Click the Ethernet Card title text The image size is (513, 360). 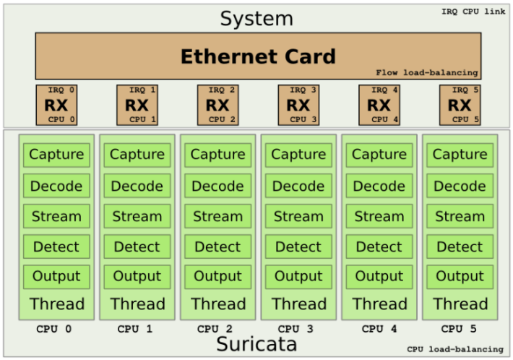pyautogui.click(x=257, y=56)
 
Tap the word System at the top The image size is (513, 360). pyautogui.click(x=257, y=19)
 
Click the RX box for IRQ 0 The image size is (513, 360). pyautogui.click(x=56, y=105)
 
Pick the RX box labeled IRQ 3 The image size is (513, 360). pyautogui.click(x=298, y=105)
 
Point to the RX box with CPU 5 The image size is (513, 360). pyautogui.click(x=460, y=105)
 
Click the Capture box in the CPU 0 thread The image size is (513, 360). pyautogui.click(x=56, y=155)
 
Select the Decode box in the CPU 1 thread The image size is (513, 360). pyautogui.click(x=137, y=186)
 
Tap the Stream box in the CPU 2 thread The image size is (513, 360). pyautogui.click(x=217, y=216)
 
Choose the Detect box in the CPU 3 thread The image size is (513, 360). pyautogui.click(x=298, y=247)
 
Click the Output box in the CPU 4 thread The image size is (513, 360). pyautogui.click(x=379, y=276)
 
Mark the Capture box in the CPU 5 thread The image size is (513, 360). pyautogui.click(x=460, y=155)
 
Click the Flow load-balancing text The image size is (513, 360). pyautogui.click(x=427, y=73)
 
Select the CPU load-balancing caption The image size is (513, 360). pyautogui.click(x=454, y=349)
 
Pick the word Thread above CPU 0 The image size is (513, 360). pyautogui.click(x=56, y=304)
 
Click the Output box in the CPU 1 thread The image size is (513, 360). pyautogui.click(x=137, y=276)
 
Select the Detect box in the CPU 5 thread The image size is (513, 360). pyautogui.click(x=460, y=247)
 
